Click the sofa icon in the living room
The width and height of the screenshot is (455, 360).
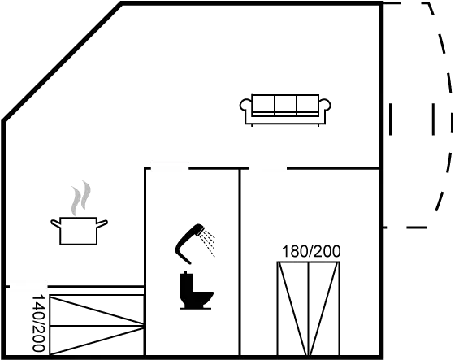click(285, 110)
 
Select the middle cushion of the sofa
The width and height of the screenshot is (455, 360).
click(285, 104)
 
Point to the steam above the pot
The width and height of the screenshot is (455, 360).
click(81, 197)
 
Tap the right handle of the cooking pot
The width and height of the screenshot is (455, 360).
click(102, 223)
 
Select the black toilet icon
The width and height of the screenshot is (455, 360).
click(196, 290)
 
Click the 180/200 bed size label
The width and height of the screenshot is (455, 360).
click(311, 251)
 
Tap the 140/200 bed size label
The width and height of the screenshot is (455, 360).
click(39, 323)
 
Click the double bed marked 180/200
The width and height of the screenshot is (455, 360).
click(309, 308)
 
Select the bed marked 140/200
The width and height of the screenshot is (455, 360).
click(97, 324)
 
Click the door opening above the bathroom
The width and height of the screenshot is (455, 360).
click(170, 168)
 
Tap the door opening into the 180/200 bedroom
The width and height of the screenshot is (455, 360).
click(268, 168)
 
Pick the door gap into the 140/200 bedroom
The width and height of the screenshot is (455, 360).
click(28, 287)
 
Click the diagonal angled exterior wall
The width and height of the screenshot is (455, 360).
click(62, 62)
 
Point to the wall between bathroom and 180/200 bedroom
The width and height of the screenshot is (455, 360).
click(240, 262)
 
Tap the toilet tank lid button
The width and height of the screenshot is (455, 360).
click(185, 272)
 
